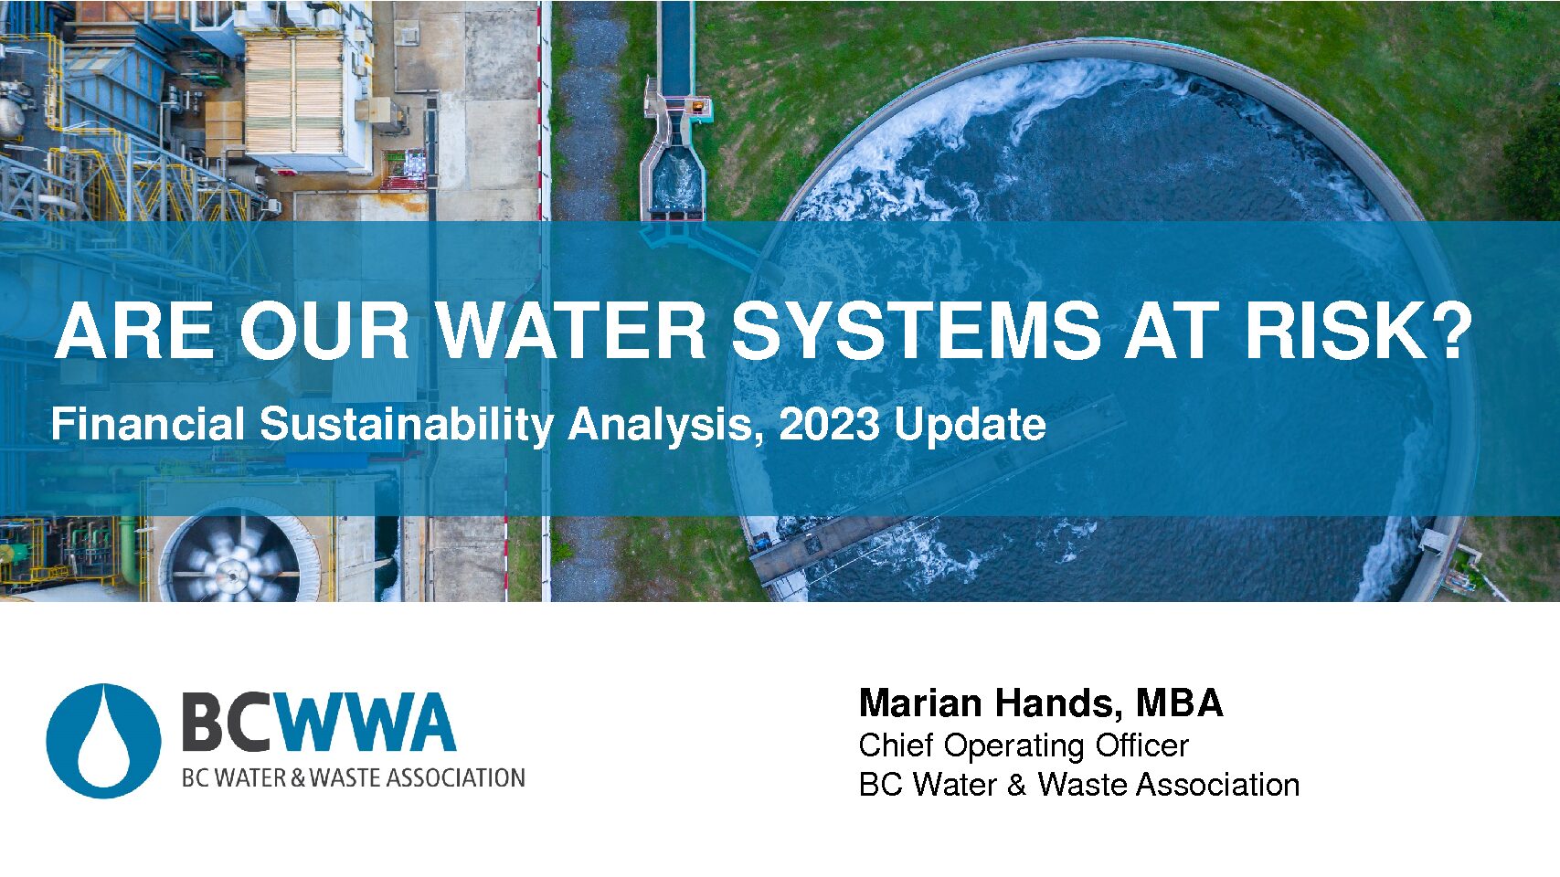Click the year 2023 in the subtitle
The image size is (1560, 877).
[x=830, y=424]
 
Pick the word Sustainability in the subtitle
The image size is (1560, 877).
[x=407, y=426]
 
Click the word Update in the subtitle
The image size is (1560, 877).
[x=971, y=426]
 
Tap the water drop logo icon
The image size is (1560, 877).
[x=104, y=741]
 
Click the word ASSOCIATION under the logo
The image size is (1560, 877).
[x=455, y=777]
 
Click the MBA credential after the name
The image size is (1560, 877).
[x=1180, y=703]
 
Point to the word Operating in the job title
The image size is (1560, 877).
[x=1014, y=747]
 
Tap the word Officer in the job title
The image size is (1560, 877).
[x=1142, y=745]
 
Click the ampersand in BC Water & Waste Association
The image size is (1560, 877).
[x=1017, y=785]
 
